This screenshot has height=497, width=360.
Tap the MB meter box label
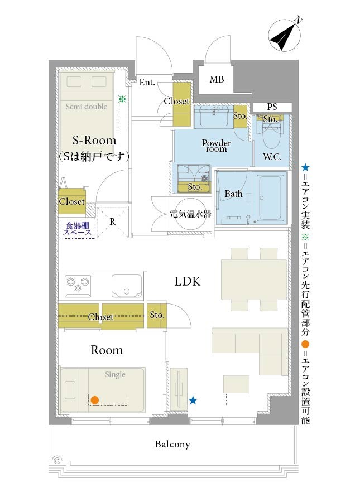coord(217,79)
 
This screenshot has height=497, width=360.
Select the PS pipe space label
coord(272,107)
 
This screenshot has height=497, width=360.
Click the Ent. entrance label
coord(147,83)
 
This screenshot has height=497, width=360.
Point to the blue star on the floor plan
coord(193,401)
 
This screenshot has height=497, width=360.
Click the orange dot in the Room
coord(94,401)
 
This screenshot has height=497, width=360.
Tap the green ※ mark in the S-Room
coord(122,99)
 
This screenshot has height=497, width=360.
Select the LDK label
coord(188,281)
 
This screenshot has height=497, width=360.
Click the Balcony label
coord(172,445)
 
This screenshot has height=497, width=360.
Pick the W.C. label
coord(272,156)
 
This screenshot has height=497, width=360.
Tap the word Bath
coord(233,194)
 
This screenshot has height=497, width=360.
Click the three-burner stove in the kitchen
coord(78,285)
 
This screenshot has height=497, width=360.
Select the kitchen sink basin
coord(127,286)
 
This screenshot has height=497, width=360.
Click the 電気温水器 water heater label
coord(191,214)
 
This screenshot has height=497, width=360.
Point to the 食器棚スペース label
coord(78,229)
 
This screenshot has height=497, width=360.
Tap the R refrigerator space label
coord(113,222)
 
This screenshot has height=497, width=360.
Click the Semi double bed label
coord(87,107)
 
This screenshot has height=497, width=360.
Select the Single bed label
coord(115,374)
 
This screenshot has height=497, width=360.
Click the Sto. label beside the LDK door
coord(157,315)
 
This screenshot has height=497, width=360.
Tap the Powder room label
coord(217,146)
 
